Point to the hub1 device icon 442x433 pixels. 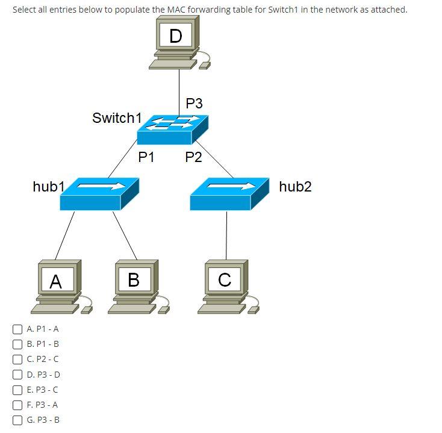pyautogui.click(x=99, y=193)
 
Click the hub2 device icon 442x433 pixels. pyautogui.click(x=229, y=193)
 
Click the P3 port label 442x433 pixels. pyautogui.click(x=194, y=104)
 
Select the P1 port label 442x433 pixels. pyautogui.click(x=146, y=158)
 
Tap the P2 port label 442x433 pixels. pyautogui.click(x=193, y=158)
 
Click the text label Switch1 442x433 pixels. pyautogui.click(x=117, y=118)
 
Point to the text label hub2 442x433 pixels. pyautogui.click(x=295, y=187)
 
